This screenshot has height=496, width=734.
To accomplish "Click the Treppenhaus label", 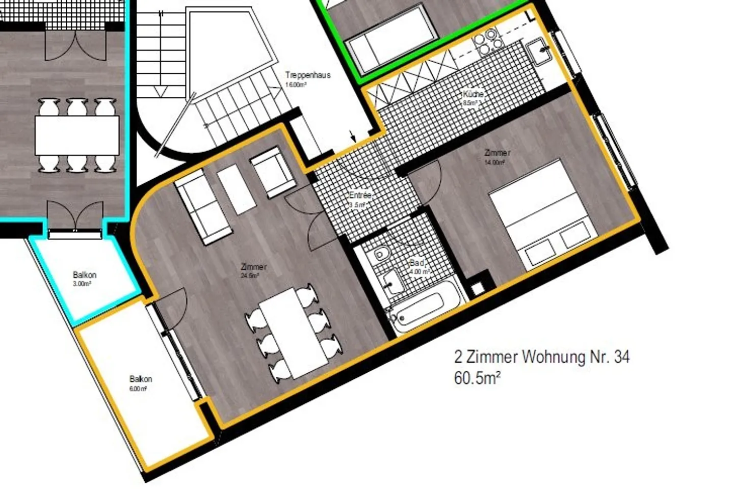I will pos(307,75).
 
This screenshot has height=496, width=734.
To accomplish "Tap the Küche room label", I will pos(473,94).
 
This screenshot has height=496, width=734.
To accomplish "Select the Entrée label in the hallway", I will pos(360,196).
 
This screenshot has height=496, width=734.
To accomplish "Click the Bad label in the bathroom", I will pos(417,263).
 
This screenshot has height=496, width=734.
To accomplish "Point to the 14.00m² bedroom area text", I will pos(494,162).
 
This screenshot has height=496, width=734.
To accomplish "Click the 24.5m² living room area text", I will pos(250,276).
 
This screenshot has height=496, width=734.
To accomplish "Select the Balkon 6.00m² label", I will pos(140,379).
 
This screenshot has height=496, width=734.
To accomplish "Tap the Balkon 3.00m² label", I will pos(84,275).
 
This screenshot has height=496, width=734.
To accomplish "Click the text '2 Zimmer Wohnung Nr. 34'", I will pos(541,356).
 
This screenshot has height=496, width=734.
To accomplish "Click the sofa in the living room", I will pos(202,207).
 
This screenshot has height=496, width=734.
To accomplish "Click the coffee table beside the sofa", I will pos(236,189).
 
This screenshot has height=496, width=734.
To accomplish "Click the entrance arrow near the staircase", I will pos(353,135).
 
